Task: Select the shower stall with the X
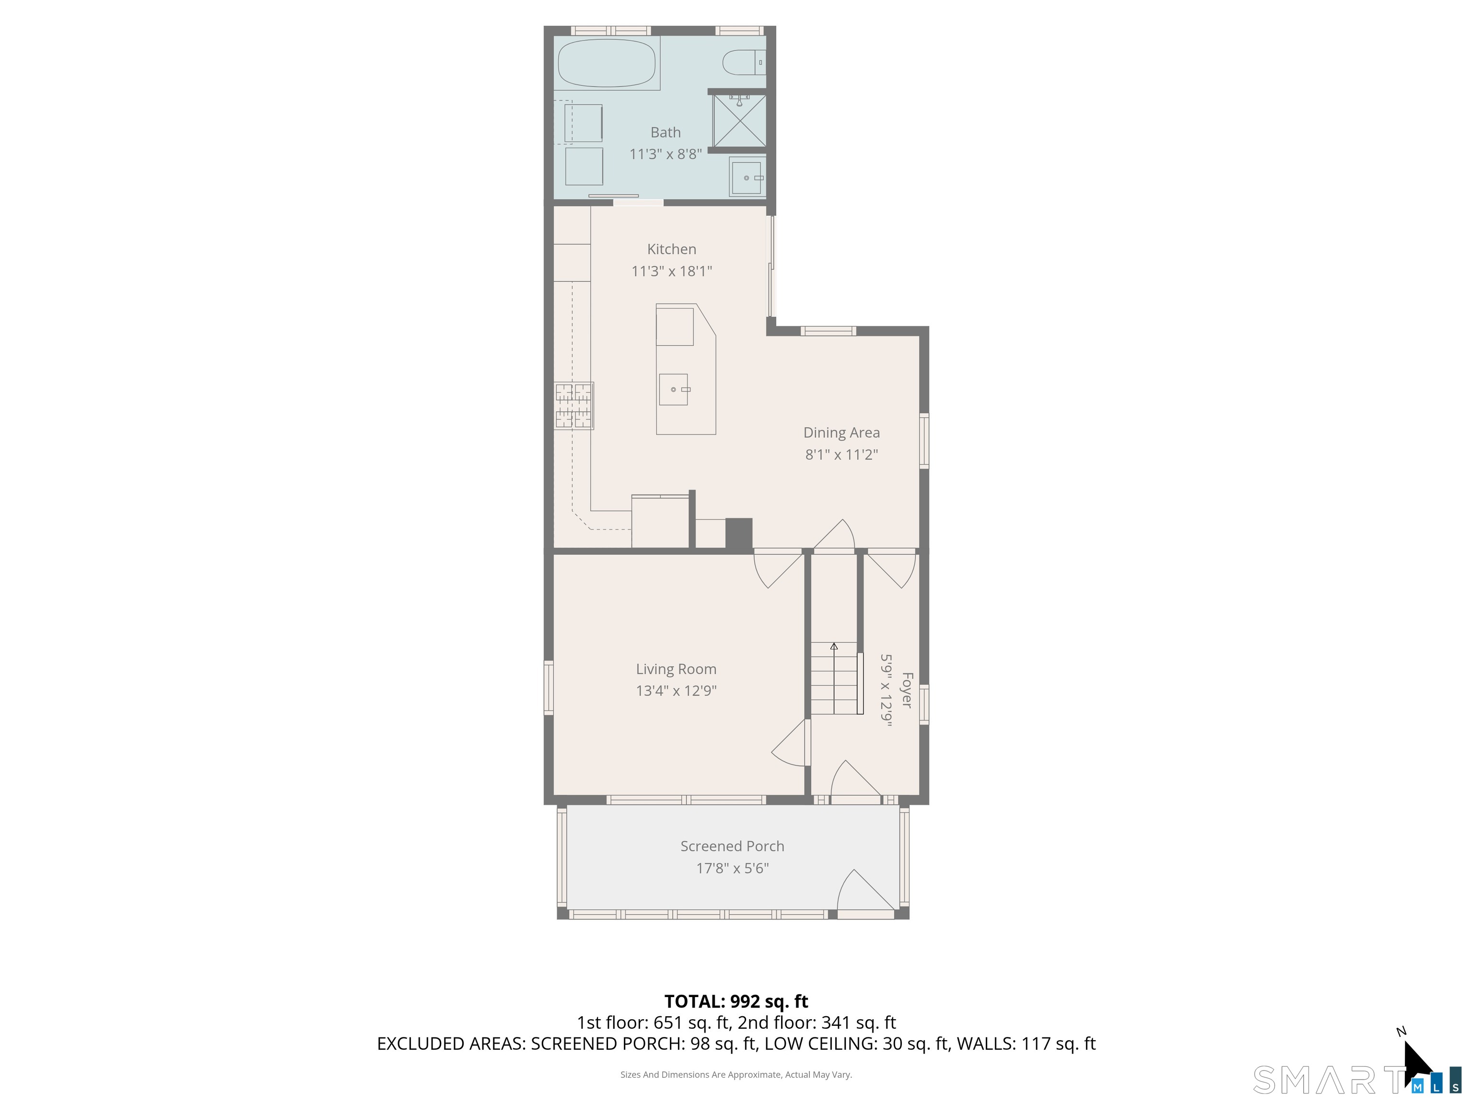[739, 120]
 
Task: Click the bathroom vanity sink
[747, 177]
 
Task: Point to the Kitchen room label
[671, 249]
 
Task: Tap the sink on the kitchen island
[673, 389]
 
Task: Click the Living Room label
[675, 669]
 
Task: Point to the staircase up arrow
[834, 646]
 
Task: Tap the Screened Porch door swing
[862, 891]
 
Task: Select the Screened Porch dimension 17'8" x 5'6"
[732, 868]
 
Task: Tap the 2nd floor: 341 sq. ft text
[817, 1023]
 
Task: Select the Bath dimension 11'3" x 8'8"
[665, 154]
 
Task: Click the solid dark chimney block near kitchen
[738, 534]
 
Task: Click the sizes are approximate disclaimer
[736, 1074]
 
